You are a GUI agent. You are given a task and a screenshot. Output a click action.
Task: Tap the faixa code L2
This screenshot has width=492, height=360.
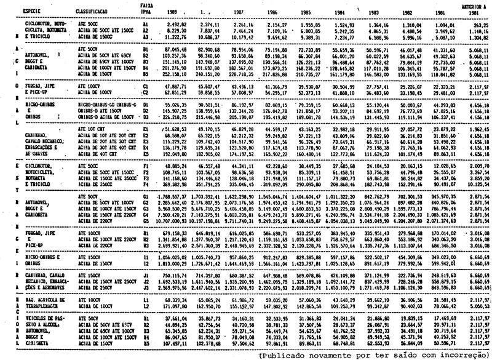click(x=146, y=305)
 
